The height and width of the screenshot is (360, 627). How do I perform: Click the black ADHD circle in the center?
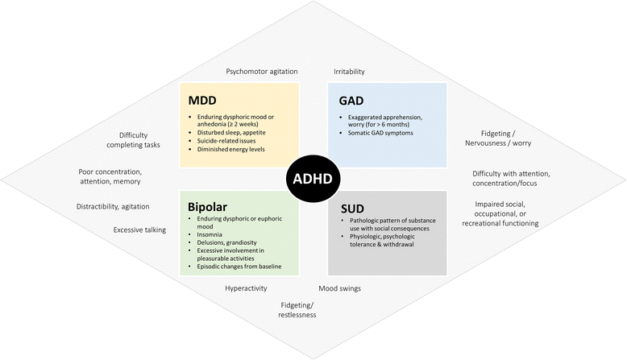point(314,180)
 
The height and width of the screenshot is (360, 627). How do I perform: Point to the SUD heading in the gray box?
point(351,207)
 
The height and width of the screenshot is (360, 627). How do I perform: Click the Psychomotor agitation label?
point(262,72)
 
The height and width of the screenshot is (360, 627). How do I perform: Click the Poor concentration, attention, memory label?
point(121,177)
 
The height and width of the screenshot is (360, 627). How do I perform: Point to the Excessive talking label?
point(139,230)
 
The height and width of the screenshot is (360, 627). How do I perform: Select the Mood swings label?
point(339,288)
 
